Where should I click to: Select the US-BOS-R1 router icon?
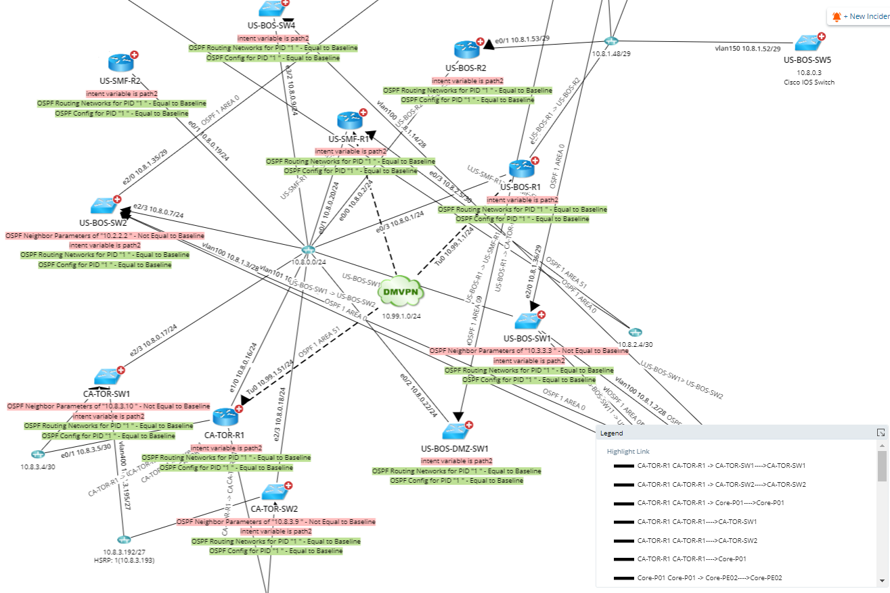pos(520,169)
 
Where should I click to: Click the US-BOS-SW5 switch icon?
pos(807,43)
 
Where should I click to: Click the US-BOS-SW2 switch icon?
pos(104,207)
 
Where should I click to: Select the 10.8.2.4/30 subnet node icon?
pos(634,332)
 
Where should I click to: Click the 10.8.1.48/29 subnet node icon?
pos(611,42)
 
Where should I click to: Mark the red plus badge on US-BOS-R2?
pos(481,42)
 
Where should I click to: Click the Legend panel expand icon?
pos(881,433)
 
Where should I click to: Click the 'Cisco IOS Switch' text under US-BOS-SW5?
pos(807,82)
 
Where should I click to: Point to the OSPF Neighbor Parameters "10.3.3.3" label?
pos(529,351)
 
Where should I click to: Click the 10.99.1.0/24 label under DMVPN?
pos(401,316)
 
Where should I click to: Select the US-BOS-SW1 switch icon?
pos(526,321)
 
